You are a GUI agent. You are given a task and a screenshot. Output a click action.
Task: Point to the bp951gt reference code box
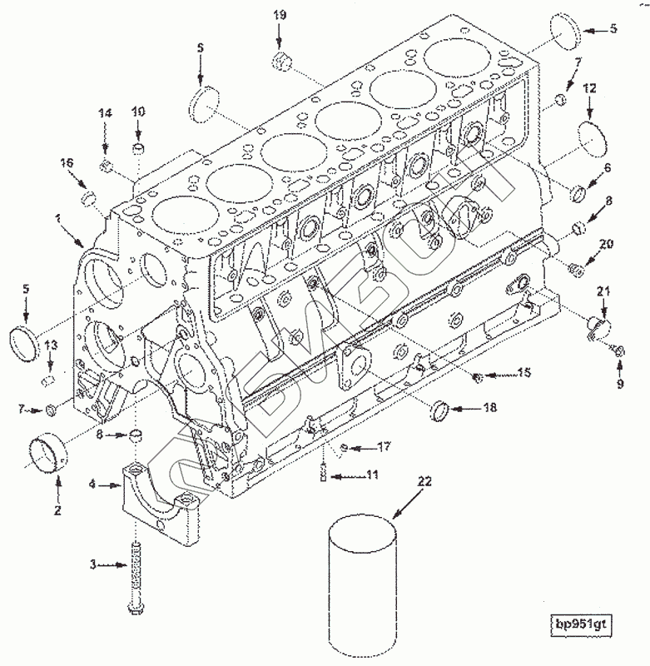pos(583,624)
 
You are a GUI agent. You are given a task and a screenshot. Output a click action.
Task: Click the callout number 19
pos(280,15)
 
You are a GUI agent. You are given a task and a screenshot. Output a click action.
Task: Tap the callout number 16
pos(66,165)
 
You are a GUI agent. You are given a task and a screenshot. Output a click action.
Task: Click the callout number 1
pos(57,218)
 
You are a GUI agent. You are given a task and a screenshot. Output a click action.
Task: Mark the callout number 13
pos(51,345)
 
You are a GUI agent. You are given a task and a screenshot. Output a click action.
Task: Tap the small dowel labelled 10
pos(138,151)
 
